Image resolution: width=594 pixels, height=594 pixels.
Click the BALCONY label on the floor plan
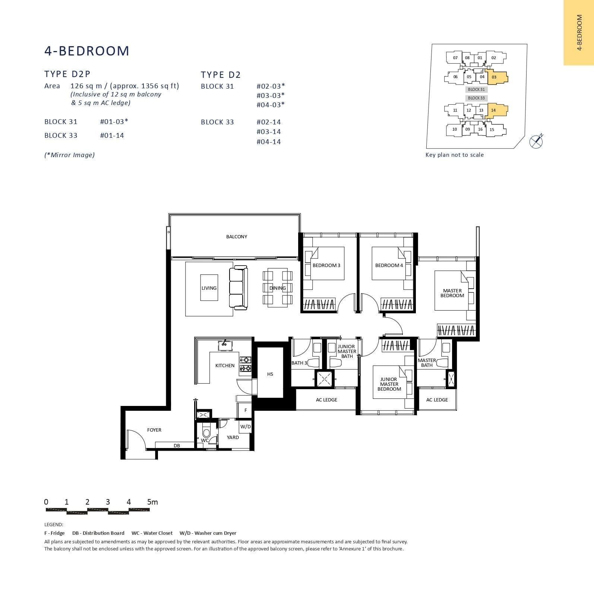(x=236, y=236)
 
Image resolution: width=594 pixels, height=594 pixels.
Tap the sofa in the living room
(x=238, y=288)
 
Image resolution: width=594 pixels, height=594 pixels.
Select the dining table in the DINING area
(x=277, y=288)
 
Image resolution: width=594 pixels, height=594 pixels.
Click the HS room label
(x=270, y=374)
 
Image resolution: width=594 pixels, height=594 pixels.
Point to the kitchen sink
(x=224, y=344)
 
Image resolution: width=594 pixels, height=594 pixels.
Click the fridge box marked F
(x=245, y=410)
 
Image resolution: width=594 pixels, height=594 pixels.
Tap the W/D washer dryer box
(x=245, y=427)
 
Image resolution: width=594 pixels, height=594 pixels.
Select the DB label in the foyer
(x=177, y=445)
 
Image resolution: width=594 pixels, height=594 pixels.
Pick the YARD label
(x=233, y=437)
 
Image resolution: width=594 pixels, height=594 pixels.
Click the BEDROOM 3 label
(x=326, y=265)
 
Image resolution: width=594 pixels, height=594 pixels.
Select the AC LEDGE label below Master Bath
(x=437, y=400)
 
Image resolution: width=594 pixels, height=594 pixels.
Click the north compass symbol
(x=536, y=140)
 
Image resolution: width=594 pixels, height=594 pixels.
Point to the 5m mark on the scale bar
(x=152, y=502)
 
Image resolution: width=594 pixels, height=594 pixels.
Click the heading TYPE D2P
(x=67, y=74)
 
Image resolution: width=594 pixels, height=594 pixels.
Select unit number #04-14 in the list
(x=268, y=142)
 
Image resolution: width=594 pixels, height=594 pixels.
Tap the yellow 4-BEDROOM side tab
(x=579, y=33)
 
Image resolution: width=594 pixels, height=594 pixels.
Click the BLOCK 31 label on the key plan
(x=476, y=89)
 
